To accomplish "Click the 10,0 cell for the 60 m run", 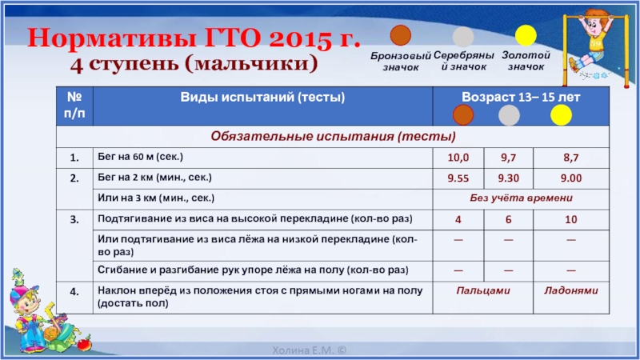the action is pos(458,158).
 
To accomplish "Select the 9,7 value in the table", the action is pos(508,158).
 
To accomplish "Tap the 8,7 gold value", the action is pos(570,158).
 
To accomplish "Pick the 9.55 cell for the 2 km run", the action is pos(458,178).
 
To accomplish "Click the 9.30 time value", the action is pos(508,178).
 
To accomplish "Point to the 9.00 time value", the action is pos(570,178).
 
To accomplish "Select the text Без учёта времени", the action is pos(521,198).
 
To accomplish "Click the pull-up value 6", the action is pos(508,219).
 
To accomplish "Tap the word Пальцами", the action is pos(483,290).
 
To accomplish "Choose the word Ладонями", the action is pos(570,290).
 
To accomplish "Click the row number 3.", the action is pos(74,219).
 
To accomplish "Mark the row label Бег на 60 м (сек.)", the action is pos(140,156).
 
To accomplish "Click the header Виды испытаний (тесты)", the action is pos(262,97).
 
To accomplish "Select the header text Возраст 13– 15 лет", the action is pos(521,97).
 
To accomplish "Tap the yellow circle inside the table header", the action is pos(561,114).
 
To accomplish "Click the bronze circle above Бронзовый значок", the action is pos(401,35).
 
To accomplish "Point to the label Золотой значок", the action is pos(526,61).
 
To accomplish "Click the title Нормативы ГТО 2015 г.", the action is pos(194,38).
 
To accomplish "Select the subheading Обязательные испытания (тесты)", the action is pos(333,136).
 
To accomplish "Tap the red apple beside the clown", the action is pos(84,344).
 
